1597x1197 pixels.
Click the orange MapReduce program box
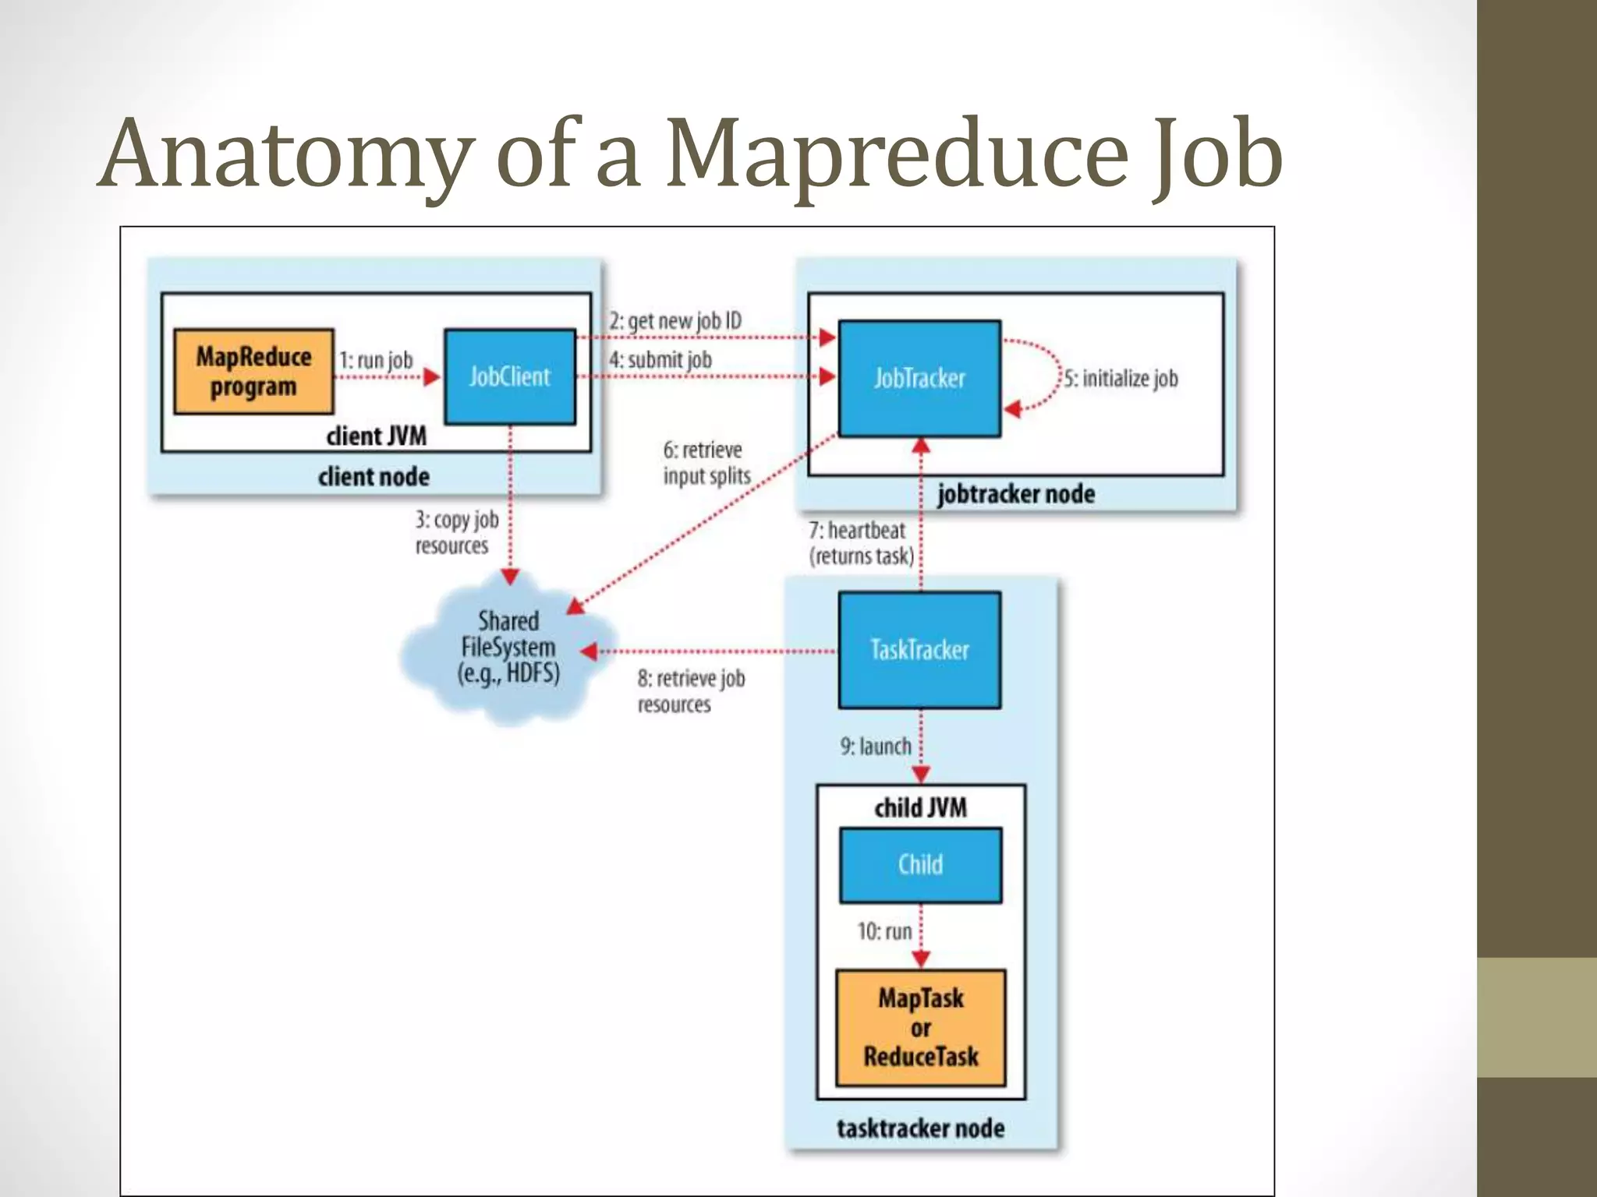pos(253,372)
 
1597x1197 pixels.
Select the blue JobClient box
pos(510,377)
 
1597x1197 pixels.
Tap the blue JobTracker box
pos(919,379)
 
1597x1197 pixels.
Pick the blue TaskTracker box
pos(919,650)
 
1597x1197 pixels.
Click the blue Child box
pos(920,865)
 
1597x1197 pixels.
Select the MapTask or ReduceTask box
pos(920,1028)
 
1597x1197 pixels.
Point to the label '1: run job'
pos(376,360)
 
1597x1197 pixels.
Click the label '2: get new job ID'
pos(675,321)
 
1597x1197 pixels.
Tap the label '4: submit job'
pos(660,360)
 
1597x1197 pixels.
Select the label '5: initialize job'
pos(1121,379)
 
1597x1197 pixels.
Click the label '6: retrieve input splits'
pos(706,463)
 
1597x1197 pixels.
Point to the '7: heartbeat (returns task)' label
pos(860,543)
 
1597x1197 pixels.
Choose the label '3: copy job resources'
pos(456,532)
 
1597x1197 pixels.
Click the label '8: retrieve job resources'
pos(691,691)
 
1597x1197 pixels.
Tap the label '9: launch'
pos(875,747)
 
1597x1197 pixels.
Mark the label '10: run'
pos(884,931)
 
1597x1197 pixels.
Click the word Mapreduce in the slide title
pos(897,154)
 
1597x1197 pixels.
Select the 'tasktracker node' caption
pos(920,1128)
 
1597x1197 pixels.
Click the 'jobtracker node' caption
pos(1015,494)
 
